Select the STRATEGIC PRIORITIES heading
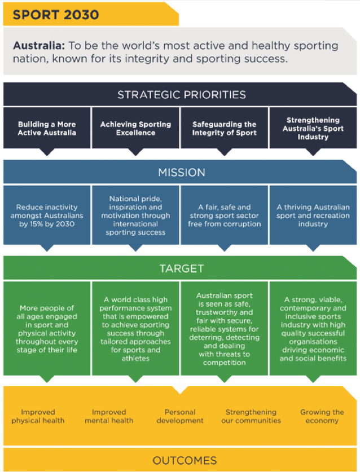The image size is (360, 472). click(x=181, y=94)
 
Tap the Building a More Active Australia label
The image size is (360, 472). click(x=46, y=128)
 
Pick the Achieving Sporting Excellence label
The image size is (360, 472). click(x=135, y=128)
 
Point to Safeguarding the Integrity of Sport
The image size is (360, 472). click(x=224, y=128)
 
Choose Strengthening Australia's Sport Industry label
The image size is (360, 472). click(x=313, y=128)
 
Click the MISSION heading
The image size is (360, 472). click(x=181, y=172)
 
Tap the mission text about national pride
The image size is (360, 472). click(x=135, y=215)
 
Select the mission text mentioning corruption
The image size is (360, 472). click(x=224, y=215)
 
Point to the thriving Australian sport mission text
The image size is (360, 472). click(x=313, y=215)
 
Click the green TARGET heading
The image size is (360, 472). click(x=181, y=268)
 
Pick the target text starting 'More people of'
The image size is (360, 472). click(x=46, y=329)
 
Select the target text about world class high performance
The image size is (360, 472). click(x=135, y=329)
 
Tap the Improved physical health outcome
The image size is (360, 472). click(x=38, y=416)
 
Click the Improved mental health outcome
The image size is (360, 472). click(x=109, y=416)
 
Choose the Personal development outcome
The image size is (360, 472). click(x=180, y=416)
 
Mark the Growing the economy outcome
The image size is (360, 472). click(x=322, y=416)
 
